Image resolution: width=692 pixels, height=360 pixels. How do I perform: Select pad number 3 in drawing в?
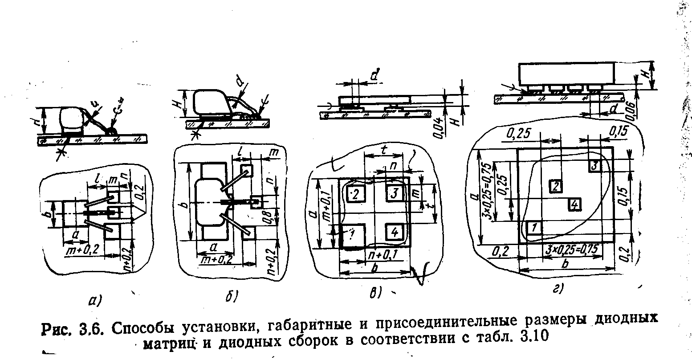tap(394, 193)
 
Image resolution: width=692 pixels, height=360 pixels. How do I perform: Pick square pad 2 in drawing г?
tap(555, 186)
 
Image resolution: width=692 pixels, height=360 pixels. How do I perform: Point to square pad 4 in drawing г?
tap(574, 205)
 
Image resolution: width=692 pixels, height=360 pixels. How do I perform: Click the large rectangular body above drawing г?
tap(566, 73)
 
